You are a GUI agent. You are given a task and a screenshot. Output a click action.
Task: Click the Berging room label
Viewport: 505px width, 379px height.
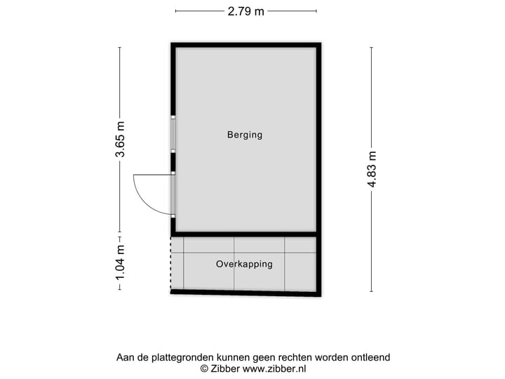244,135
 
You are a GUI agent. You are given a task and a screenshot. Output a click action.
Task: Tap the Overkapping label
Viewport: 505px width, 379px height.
244,265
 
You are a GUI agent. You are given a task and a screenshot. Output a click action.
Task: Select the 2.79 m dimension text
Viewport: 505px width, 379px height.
245,11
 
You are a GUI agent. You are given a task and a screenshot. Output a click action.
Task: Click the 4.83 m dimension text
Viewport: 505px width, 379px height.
372,169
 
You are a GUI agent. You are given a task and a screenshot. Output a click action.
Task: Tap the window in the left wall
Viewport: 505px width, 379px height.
173,133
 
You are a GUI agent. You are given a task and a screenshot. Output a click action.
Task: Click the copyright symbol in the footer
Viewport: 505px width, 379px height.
205,368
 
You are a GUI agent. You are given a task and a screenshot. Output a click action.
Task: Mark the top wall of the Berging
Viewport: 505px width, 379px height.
245,45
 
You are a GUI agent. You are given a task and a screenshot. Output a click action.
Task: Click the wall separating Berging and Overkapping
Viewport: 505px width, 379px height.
245,234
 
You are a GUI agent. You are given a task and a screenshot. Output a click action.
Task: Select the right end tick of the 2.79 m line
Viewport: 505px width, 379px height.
316,11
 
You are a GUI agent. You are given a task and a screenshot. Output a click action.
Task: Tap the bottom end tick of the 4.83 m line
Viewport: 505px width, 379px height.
372,291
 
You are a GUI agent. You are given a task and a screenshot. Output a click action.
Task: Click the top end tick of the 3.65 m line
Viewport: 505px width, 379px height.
120,47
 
